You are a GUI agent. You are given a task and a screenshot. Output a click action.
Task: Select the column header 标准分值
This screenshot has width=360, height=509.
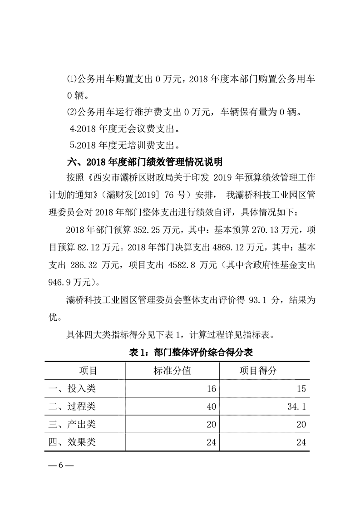point(173,370)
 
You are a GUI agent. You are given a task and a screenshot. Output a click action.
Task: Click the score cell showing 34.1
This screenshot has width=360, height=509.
point(296,407)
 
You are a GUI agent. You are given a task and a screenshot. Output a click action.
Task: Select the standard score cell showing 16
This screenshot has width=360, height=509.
point(211,389)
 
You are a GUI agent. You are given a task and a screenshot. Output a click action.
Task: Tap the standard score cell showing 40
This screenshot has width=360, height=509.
point(211,407)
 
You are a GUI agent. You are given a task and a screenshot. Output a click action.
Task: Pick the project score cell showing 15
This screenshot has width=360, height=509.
point(301,389)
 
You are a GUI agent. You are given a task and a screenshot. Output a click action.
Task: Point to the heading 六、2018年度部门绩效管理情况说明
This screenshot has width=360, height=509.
point(144,162)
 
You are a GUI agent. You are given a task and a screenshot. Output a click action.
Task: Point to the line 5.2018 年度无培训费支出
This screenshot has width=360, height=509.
point(126,146)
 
